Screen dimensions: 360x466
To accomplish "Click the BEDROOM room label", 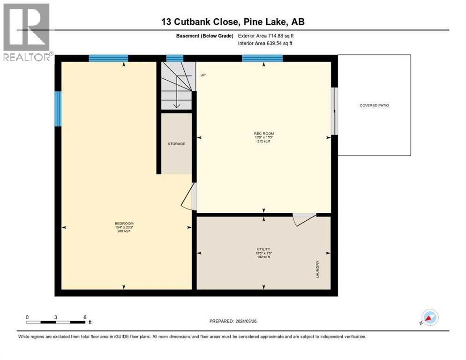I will [x=124, y=223].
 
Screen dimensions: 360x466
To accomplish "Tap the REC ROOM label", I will [x=263, y=133].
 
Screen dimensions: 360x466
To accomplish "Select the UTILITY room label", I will [x=263, y=249].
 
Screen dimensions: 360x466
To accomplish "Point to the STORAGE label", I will [x=176, y=143].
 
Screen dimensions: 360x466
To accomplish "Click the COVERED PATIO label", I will [x=374, y=105].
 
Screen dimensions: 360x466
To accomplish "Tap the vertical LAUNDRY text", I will [x=317, y=269].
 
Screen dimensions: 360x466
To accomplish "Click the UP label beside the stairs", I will [x=203, y=75].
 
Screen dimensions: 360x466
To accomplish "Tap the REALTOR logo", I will [x=27, y=32].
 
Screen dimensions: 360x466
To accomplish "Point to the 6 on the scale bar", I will [x=85, y=317].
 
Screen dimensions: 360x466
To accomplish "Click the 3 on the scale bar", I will [x=56, y=317].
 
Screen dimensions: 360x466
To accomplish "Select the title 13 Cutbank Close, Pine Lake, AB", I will [x=233, y=22].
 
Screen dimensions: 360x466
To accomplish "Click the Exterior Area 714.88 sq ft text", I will [x=266, y=36].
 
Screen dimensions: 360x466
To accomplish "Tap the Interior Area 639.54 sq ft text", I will [x=266, y=43].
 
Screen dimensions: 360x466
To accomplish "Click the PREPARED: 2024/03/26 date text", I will [x=233, y=321].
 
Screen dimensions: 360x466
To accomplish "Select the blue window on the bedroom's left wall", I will [x=58, y=109].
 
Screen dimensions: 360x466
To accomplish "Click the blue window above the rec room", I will [x=262, y=58].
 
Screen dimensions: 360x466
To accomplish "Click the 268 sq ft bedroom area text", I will [x=124, y=231].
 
